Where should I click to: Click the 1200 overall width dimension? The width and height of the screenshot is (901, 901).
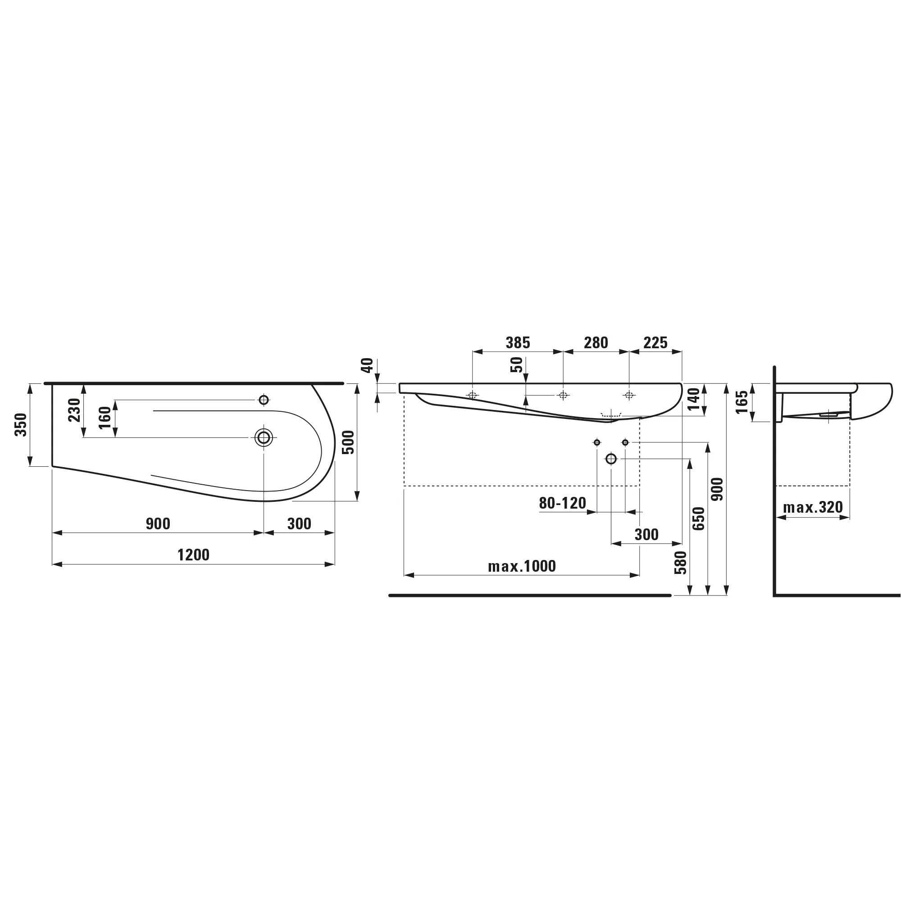click(x=194, y=555)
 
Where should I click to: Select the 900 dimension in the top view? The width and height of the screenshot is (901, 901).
click(x=158, y=524)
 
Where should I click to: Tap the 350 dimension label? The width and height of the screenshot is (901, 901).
click(x=21, y=424)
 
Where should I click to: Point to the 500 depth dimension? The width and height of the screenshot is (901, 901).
click(x=348, y=442)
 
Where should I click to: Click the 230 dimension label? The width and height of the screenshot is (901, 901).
click(x=75, y=410)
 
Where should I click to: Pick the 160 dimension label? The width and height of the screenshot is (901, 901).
click(x=105, y=418)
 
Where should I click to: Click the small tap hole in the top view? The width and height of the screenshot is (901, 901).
click(x=264, y=400)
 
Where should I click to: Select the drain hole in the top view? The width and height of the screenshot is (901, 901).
click(x=264, y=437)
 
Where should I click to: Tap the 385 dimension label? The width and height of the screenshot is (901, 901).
click(x=518, y=343)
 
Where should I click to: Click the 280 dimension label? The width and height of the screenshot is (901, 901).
click(x=596, y=343)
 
